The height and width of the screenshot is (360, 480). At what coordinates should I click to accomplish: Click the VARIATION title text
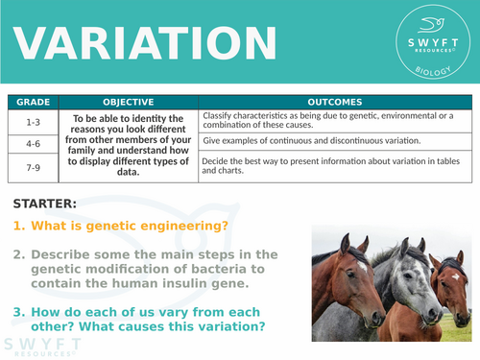click(x=141, y=43)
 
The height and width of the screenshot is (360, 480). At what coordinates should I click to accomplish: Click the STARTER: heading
click(x=46, y=203)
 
